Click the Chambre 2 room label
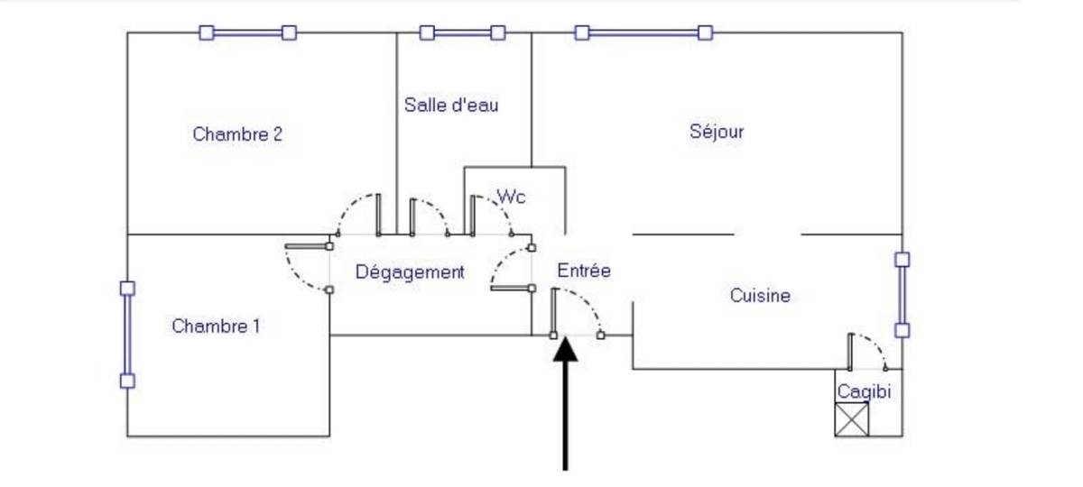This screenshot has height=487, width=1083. (x=236, y=134)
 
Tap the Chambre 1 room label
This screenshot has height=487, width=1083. (x=216, y=326)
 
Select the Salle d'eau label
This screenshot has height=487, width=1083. (x=451, y=106)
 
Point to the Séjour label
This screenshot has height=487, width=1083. (x=717, y=132)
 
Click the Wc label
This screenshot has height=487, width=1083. (x=511, y=197)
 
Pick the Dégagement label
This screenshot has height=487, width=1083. (x=410, y=272)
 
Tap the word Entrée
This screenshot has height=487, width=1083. (x=584, y=270)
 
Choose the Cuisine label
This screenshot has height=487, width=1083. (x=760, y=295)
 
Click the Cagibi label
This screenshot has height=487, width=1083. (x=864, y=391)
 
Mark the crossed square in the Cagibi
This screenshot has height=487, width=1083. (x=851, y=419)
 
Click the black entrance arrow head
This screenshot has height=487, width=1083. (x=565, y=349)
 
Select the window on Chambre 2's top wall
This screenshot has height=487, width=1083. (x=248, y=32)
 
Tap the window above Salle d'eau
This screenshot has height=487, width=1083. (x=462, y=32)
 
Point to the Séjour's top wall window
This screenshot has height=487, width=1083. (x=643, y=32)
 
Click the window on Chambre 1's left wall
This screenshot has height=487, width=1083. (x=127, y=335)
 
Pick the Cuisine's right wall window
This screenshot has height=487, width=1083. (x=902, y=295)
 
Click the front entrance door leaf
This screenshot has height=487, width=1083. (x=554, y=313)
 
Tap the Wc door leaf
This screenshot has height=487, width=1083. (x=472, y=216)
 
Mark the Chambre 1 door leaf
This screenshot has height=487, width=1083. (x=308, y=246)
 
